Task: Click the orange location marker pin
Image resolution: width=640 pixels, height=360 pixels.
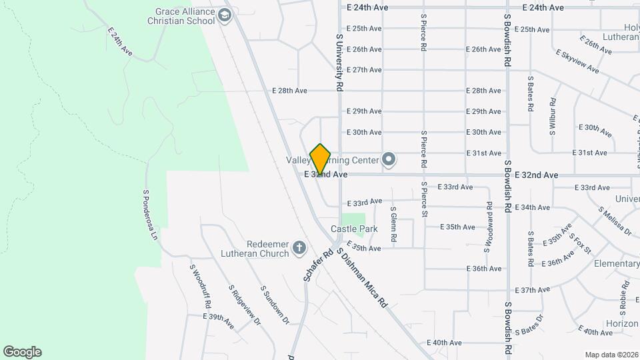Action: [x=321, y=160]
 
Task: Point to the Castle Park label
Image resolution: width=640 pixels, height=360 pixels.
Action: [x=354, y=229]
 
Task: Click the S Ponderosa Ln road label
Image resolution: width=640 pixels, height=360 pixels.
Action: [x=150, y=215]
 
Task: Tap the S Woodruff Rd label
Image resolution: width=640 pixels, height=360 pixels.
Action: [x=201, y=287]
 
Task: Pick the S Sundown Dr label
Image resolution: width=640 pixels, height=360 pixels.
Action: [x=275, y=305]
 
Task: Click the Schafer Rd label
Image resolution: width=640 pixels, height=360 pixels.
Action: [x=319, y=265]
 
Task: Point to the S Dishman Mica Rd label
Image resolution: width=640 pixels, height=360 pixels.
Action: [x=362, y=277]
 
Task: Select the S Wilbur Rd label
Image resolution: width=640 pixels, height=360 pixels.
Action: [x=553, y=117]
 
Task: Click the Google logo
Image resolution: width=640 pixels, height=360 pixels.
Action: [x=22, y=352]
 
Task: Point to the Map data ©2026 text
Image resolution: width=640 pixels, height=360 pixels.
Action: [x=611, y=355]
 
